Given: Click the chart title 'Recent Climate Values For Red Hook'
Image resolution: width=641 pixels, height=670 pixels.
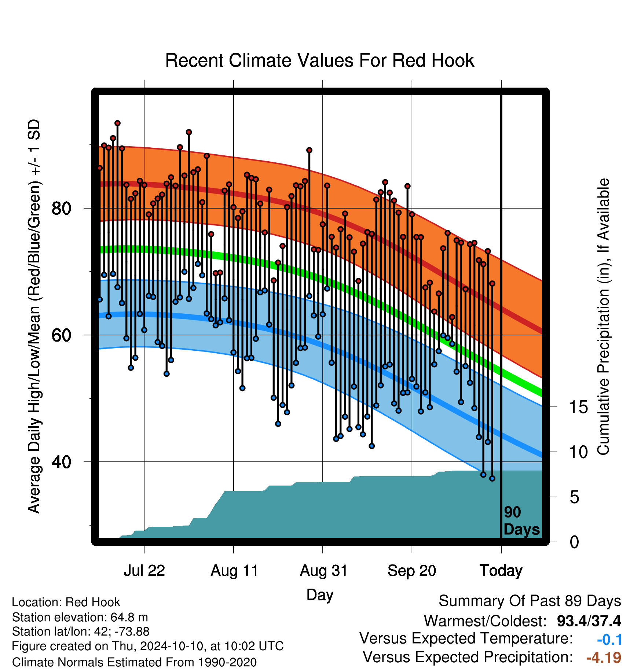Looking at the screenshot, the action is pos(320,60).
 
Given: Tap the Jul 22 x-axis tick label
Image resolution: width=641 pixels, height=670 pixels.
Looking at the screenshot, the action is pos(144,571).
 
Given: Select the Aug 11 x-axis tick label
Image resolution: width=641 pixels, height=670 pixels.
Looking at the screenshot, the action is pos(234,571).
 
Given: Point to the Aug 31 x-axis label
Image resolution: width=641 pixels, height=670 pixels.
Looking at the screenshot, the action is pos(323,571).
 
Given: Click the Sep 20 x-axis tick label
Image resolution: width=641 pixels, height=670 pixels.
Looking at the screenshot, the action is pos(412,571).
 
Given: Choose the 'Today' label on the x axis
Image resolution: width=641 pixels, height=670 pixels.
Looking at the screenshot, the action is pos(501,571).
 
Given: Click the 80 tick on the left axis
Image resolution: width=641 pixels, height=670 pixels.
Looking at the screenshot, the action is pos(61,209).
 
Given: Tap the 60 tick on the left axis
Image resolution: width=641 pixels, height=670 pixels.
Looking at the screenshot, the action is pos(61,335).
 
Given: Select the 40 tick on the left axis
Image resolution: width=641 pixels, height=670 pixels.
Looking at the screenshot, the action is pos(61,462).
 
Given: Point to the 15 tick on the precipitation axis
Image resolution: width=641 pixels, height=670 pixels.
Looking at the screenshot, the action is pos(578,407).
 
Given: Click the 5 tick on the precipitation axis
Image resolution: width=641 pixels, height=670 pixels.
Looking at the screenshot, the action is pos(574,497).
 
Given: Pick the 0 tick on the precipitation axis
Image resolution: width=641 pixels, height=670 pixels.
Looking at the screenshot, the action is pos(574,542).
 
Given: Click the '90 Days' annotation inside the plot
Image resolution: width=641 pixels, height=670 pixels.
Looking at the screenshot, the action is pos(521,521).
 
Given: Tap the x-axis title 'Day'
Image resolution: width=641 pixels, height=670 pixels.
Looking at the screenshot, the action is pos(320,594).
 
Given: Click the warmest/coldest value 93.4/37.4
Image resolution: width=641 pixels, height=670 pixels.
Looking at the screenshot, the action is pos(589,621).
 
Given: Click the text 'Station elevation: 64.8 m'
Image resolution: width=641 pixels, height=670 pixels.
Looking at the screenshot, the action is pos(80,618).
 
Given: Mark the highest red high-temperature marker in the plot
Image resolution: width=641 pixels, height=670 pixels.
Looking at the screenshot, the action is pos(117,123).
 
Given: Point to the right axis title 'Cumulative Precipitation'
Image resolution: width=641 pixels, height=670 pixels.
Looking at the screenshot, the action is pos(603,317).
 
